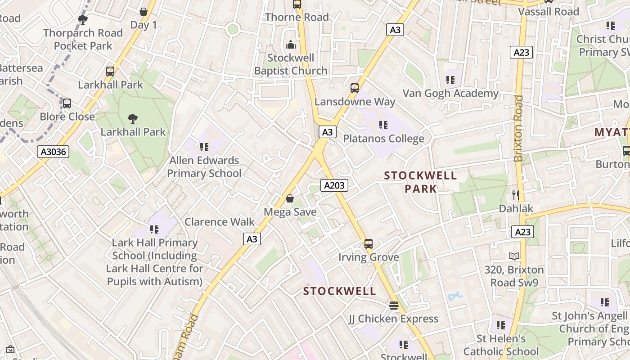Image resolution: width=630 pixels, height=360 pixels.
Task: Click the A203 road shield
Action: coord(334,185)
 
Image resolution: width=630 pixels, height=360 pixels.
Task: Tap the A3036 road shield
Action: coord(54,152)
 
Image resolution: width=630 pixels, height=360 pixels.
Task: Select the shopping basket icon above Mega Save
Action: coord(290,198)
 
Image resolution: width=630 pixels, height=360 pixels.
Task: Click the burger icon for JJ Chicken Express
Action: coord(394,306)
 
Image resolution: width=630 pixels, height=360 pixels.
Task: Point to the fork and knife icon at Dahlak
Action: coord(516,195)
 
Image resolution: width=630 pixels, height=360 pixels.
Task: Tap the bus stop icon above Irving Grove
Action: coord(369,244)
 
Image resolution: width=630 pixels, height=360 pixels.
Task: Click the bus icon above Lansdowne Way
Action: coord(355,88)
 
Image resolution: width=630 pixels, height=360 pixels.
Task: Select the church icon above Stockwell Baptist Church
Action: coord(291,45)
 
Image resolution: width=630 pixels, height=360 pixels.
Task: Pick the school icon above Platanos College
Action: coord(383,125)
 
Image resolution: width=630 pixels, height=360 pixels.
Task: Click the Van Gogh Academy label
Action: coord(450,94)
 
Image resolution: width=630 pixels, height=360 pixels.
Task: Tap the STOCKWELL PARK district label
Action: coord(420,182)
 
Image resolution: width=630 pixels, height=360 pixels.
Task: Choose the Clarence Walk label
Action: coord(220,222)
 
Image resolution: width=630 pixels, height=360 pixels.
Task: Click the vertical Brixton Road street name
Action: coord(519,128)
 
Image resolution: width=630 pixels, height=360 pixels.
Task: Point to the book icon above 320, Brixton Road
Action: coord(514,256)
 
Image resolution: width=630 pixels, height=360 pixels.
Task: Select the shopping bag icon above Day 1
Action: coord(144,11)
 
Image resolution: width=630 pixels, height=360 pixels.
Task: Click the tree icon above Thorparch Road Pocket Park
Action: coord(83,19)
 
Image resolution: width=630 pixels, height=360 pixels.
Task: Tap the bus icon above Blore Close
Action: coord(67,103)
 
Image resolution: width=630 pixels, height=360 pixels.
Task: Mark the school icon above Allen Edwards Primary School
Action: coord(204,147)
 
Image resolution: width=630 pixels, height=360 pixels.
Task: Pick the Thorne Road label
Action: coord(297,17)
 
